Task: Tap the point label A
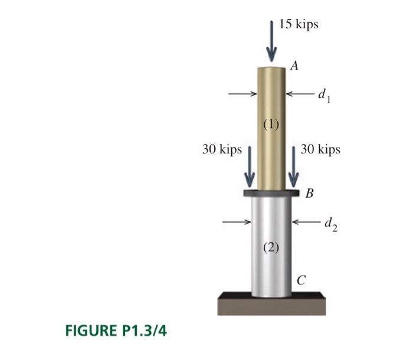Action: pyautogui.click(x=294, y=66)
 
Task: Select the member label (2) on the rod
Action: pyautogui.click(x=271, y=247)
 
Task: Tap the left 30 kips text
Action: pyautogui.click(x=222, y=149)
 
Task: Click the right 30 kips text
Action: pyautogui.click(x=320, y=149)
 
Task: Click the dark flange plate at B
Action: pyautogui.click(x=271, y=193)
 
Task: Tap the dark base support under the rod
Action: pyautogui.click(x=271, y=304)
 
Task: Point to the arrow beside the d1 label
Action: pyautogui.click(x=300, y=93)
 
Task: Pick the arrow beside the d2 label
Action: pyautogui.click(x=307, y=222)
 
